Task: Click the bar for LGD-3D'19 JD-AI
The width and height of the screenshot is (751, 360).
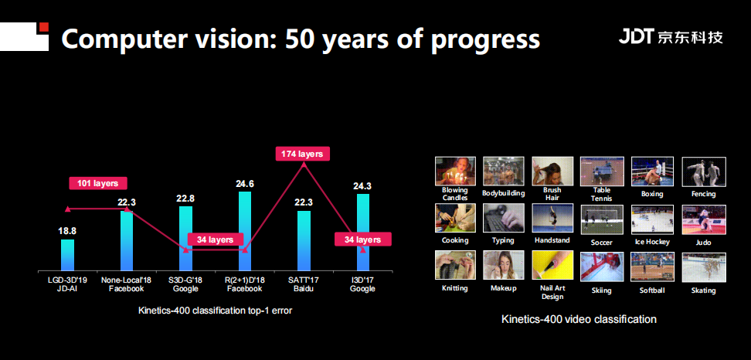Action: (x=67, y=255)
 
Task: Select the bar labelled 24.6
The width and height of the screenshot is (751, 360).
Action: (x=245, y=232)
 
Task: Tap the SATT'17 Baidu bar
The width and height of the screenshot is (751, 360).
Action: (x=304, y=241)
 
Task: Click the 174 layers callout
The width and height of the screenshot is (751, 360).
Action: (x=303, y=155)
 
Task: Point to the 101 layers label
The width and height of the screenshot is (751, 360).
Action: (x=97, y=183)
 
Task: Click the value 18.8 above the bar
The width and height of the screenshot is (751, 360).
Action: (x=67, y=231)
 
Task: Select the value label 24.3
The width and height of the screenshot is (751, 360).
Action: (x=362, y=185)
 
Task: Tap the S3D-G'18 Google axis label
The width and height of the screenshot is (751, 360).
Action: (x=186, y=284)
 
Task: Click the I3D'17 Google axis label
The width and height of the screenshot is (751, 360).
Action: (x=362, y=284)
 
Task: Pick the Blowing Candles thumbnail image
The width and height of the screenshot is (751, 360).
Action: (x=455, y=171)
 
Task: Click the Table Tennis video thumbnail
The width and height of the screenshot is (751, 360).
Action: (x=602, y=171)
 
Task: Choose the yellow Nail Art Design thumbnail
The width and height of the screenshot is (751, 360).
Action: (x=552, y=265)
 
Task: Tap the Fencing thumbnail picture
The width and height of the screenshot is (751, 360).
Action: (x=704, y=172)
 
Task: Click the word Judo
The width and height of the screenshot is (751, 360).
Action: (x=704, y=243)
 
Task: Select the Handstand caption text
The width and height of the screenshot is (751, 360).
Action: (x=552, y=240)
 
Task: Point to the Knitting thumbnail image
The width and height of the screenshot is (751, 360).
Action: (x=455, y=265)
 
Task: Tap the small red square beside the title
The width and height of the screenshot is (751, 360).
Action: (x=44, y=27)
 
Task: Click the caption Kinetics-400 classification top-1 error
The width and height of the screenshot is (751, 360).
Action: (x=215, y=311)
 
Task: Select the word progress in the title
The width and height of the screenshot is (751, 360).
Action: (x=485, y=39)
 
